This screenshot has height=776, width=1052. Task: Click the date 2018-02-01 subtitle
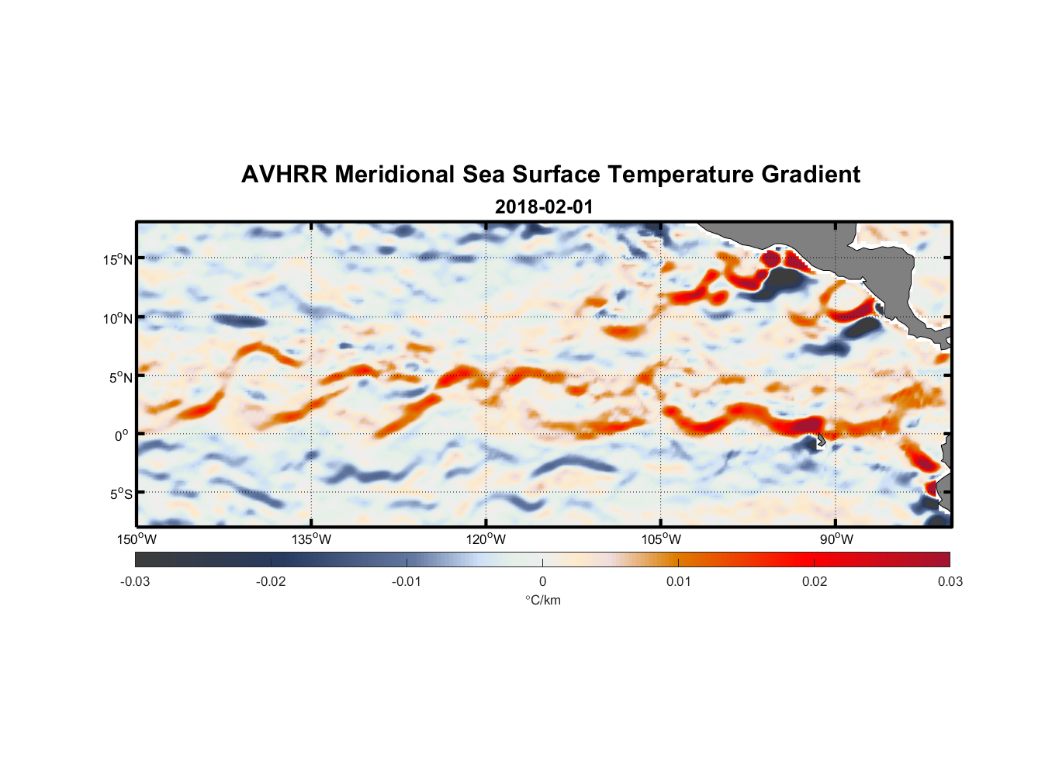click(x=544, y=207)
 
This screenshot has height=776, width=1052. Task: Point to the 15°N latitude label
click(x=118, y=259)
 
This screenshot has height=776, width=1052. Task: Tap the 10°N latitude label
click(x=118, y=318)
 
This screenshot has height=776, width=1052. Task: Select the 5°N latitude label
click(x=121, y=377)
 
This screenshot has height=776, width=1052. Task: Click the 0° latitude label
click(x=122, y=436)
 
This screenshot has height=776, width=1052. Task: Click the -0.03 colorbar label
click(x=135, y=581)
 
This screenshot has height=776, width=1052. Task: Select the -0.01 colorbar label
click(x=407, y=581)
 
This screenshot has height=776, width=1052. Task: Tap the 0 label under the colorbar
click(x=542, y=581)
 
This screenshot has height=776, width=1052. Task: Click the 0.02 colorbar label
click(x=815, y=581)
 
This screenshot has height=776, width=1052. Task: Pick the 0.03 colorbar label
click(x=950, y=581)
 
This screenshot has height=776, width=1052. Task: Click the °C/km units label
click(x=543, y=600)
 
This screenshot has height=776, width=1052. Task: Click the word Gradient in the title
click(x=811, y=175)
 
